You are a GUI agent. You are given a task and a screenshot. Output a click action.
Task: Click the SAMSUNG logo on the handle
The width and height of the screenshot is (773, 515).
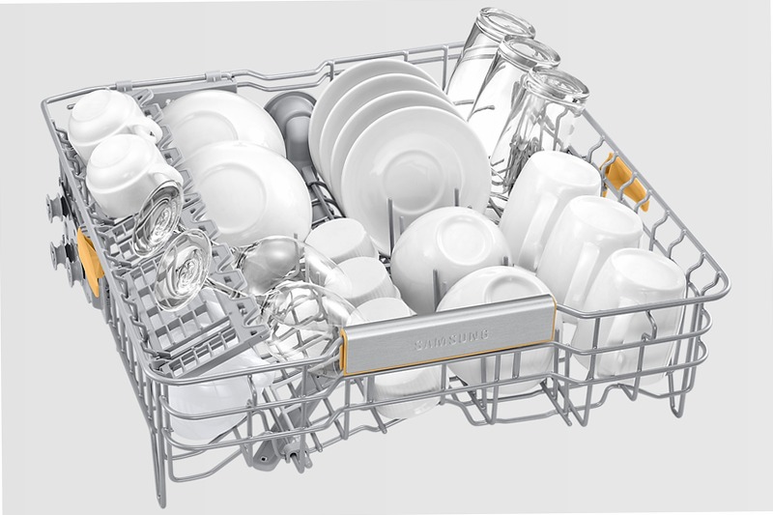point(452,339)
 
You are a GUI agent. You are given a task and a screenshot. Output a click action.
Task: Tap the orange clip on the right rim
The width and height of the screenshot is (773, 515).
point(624,182)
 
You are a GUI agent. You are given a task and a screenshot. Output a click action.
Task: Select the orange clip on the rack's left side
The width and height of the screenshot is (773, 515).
point(90,262)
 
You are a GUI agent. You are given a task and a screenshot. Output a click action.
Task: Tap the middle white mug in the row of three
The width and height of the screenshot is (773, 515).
point(589,251)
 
